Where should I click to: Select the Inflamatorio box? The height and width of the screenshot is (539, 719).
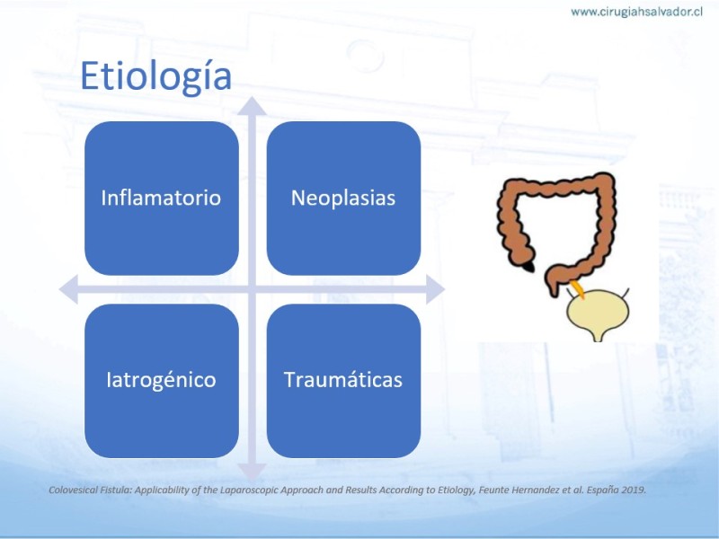(x=162, y=198)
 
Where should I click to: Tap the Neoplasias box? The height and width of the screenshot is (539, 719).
(x=343, y=198)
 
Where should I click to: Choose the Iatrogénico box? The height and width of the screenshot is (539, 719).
(x=162, y=380)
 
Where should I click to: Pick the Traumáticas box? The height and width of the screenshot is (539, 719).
(x=343, y=380)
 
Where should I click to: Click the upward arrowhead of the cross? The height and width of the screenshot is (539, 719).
(x=252, y=106)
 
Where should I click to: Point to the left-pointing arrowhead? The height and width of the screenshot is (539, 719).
(x=69, y=289)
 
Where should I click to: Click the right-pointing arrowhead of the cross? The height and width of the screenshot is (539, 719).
(x=435, y=289)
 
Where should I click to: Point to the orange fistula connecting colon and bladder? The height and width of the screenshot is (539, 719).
(x=577, y=289)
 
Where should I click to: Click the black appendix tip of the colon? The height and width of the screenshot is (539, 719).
(x=529, y=266)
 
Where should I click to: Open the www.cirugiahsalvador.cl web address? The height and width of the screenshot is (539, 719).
(x=636, y=12)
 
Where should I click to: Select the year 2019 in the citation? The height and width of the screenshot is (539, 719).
(x=634, y=490)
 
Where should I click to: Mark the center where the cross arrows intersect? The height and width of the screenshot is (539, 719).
(x=252, y=289)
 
